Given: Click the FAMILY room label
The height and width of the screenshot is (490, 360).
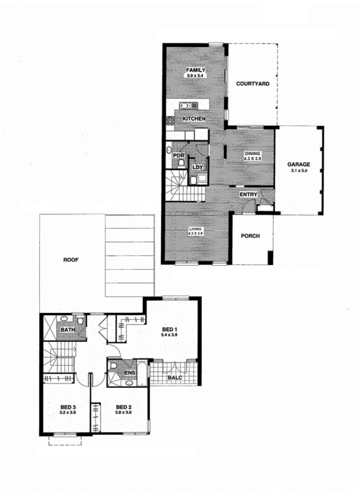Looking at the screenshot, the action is [196, 70].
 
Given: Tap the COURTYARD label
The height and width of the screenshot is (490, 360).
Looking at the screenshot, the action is [252, 84].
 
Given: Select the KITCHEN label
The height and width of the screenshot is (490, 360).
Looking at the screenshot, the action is [194, 119].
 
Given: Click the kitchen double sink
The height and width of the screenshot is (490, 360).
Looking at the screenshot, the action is [189, 106].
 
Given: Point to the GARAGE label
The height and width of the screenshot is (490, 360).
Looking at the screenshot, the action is [299, 164].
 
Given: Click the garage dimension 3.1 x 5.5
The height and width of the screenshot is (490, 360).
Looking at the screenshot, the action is [299, 171].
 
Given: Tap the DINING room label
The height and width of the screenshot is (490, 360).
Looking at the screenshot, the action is [252, 154].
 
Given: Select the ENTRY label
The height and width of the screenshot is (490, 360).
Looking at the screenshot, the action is [248, 195].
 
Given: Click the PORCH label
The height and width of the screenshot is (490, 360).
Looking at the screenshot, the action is [250, 236].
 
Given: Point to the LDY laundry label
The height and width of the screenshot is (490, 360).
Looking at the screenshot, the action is [198, 167].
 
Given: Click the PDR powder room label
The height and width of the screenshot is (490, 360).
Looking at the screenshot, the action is [178, 156].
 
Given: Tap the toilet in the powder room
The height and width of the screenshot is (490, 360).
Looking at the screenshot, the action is [181, 163].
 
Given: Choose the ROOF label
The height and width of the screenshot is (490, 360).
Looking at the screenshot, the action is [71, 260].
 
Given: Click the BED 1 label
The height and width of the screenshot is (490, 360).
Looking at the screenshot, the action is [170, 329].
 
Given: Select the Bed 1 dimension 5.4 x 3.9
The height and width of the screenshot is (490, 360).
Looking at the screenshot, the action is [169, 335].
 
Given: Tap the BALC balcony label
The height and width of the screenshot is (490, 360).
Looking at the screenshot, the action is [175, 377].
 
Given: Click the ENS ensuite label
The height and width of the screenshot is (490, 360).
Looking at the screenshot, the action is [130, 373].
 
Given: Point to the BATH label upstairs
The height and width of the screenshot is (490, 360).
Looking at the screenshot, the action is [68, 330].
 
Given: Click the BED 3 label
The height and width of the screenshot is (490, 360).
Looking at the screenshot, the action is [68, 407].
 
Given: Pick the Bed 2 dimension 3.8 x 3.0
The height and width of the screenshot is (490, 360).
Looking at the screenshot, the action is [123, 413].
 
